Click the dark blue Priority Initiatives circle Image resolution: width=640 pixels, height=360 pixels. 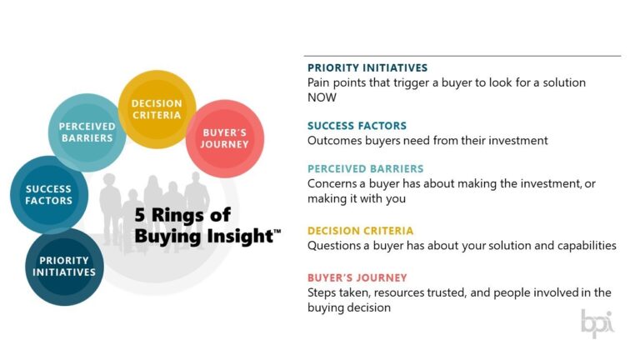65,266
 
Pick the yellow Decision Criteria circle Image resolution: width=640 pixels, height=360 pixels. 157,109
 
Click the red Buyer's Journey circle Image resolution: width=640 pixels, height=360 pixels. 225,138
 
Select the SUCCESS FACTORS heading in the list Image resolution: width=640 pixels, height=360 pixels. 357,126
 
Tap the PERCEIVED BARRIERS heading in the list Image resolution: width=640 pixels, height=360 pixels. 365,168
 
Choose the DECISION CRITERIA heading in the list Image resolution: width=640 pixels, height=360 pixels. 360,231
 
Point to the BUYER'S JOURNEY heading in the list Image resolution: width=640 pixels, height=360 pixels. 357,277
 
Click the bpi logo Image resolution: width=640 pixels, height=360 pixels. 597,322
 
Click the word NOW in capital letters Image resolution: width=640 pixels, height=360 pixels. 322,97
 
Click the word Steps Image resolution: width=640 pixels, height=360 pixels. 322,292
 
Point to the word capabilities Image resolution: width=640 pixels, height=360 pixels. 582,246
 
